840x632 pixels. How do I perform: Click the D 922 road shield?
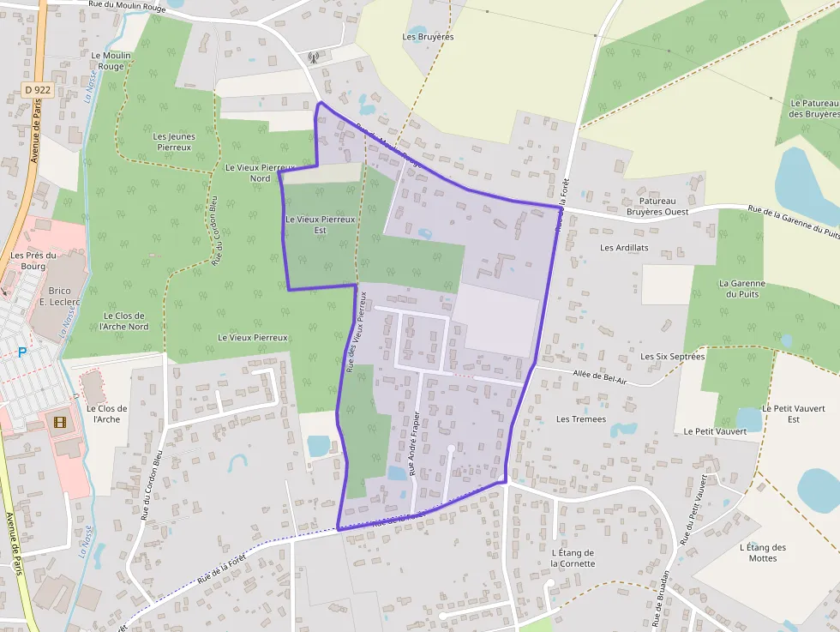38,89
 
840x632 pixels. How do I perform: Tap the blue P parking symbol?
22,352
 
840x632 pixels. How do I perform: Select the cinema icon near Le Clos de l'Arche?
59,422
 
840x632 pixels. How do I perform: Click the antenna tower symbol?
314,58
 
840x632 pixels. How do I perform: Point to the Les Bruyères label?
428,37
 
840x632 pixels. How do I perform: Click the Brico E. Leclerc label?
59,296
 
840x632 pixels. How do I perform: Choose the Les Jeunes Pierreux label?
174,141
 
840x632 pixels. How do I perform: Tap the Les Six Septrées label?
673,356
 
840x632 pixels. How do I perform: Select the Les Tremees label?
581,419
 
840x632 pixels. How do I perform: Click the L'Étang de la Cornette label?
573,558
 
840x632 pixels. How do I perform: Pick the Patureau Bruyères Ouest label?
657,206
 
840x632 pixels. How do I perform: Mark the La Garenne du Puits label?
742,289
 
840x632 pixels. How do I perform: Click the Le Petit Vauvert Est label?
781,413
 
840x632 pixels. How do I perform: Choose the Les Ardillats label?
624,248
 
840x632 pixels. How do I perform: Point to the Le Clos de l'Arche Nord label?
124,321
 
